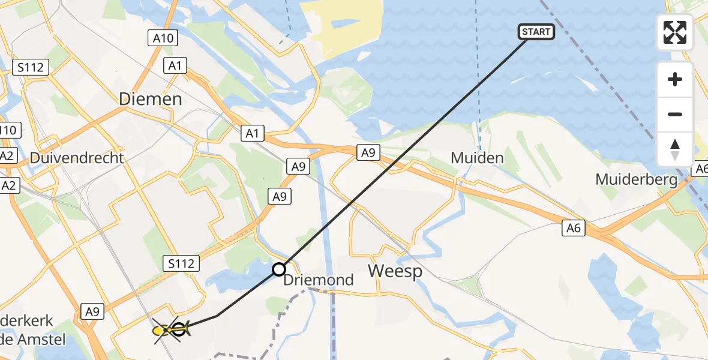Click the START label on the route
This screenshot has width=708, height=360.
(x=536, y=32)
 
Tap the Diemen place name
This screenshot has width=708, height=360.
(x=151, y=99)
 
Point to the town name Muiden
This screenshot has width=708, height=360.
(x=477, y=158)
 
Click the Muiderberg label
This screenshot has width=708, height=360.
(x=636, y=179)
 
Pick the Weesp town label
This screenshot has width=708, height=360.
(x=395, y=271)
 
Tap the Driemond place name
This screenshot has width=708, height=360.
(x=318, y=280)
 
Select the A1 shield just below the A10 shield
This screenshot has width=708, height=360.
(x=175, y=65)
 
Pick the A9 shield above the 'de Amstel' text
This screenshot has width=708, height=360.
(x=92, y=311)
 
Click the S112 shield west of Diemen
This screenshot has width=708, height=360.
(x=31, y=67)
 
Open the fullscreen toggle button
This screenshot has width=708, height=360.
(x=675, y=32)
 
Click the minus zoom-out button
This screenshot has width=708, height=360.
(x=675, y=114)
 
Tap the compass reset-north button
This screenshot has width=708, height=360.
(x=675, y=149)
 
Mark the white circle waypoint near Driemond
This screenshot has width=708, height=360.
(x=279, y=269)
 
